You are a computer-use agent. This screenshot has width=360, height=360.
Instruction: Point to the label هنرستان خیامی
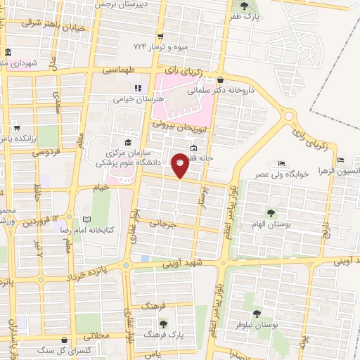138,100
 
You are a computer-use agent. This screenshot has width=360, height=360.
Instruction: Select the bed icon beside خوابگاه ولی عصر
282,165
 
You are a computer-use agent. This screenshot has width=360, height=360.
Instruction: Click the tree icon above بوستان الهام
270,212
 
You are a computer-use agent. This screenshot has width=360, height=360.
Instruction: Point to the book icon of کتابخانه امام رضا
87,219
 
